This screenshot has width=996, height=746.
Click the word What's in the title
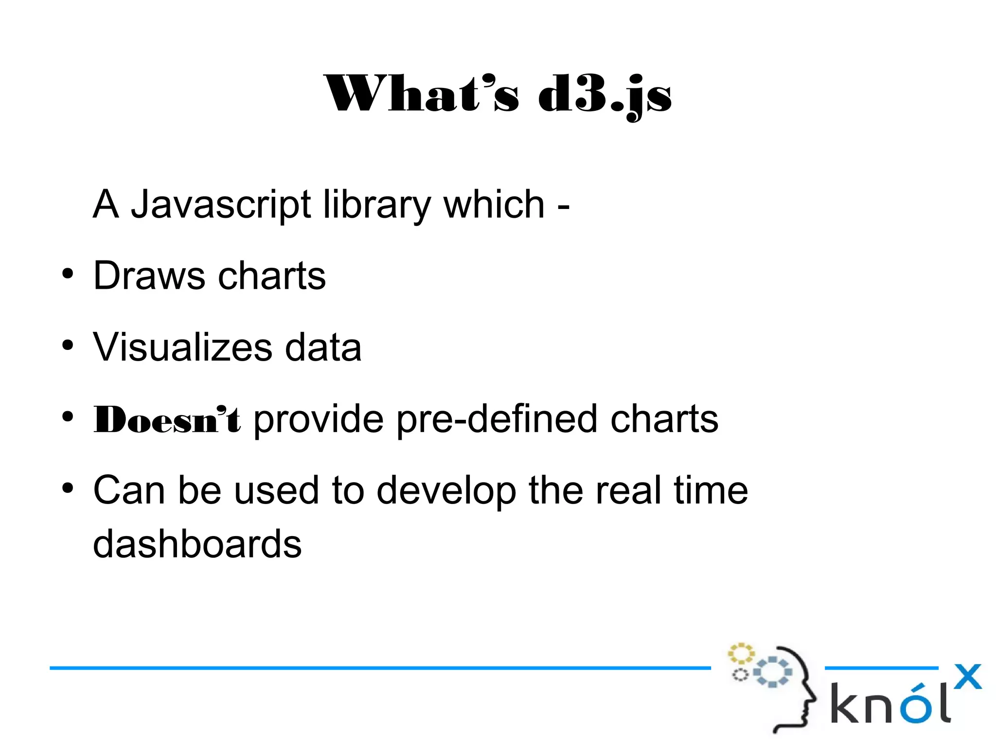[x=421, y=94]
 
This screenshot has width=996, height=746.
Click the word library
[x=376, y=205]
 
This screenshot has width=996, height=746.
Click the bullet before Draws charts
[x=68, y=273]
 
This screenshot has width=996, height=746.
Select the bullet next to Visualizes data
[x=68, y=345]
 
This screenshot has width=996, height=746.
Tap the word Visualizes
[x=183, y=347]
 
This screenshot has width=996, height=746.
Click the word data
[x=323, y=347]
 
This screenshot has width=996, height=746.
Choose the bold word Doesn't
[x=167, y=419]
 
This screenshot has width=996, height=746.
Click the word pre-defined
[x=497, y=419]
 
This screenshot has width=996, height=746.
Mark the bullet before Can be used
[x=68, y=487]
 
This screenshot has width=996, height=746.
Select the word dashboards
[x=197, y=543]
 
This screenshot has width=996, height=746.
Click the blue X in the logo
[x=967, y=677]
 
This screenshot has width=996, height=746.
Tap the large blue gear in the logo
[x=772, y=672]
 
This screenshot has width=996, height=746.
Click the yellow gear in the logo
[x=740, y=653]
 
